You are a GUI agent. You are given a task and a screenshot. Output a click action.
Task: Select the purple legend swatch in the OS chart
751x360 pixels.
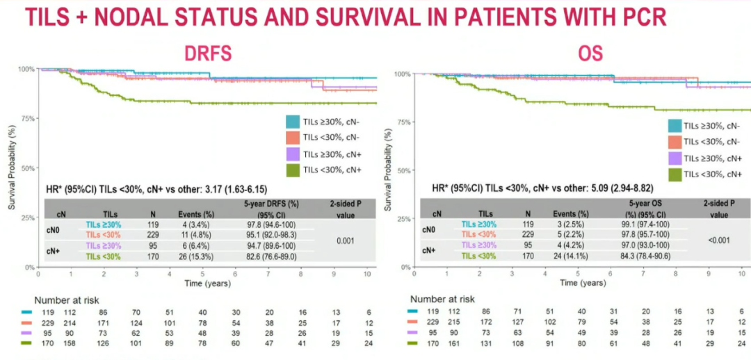pos(674,158)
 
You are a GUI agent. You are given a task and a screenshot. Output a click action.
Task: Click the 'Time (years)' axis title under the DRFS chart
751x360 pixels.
pos(204,284)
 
